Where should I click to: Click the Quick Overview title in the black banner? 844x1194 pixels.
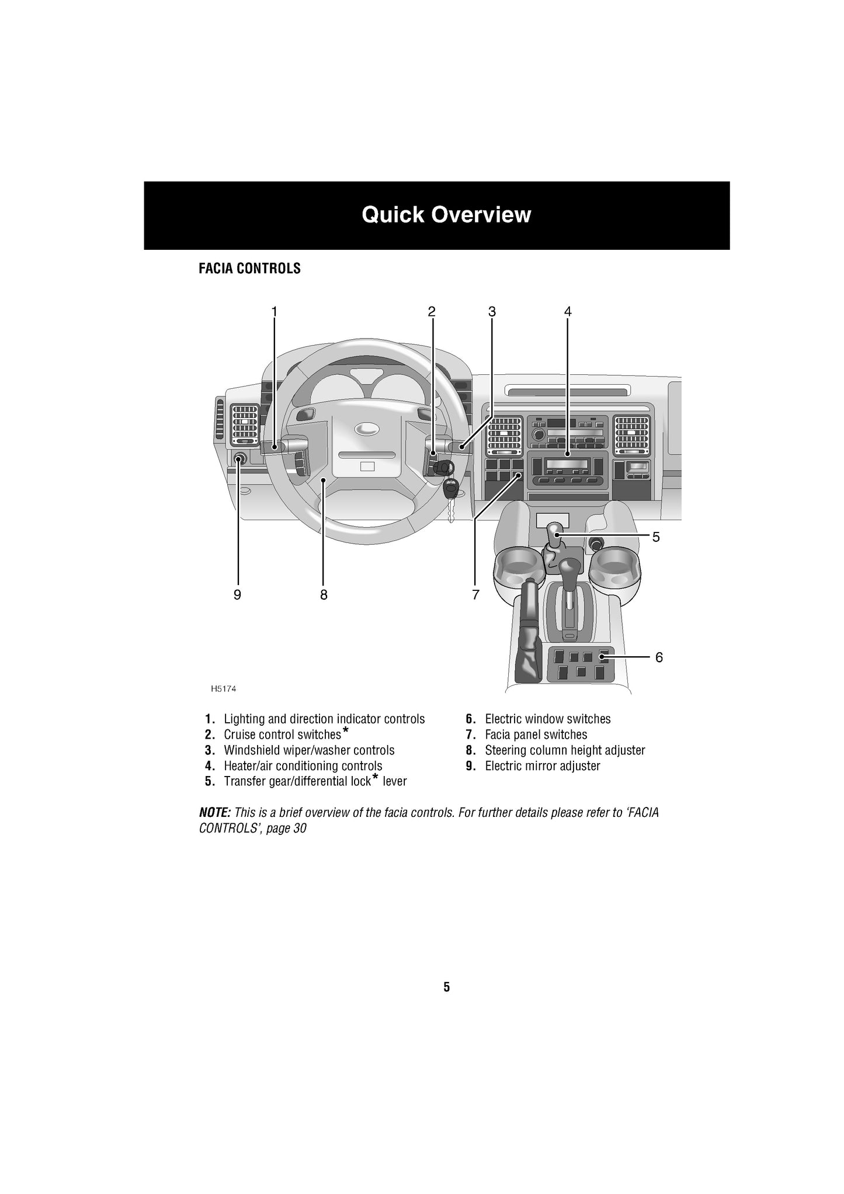pyautogui.click(x=446, y=215)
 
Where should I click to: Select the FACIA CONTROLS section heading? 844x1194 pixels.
pyautogui.click(x=249, y=269)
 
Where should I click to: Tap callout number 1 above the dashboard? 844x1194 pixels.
pyautogui.click(x=274, y=312)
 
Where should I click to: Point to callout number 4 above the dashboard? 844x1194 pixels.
pyautogui.click(x=568, y=312)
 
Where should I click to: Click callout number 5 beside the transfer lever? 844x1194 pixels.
pyautogui.click(x=656, y=537)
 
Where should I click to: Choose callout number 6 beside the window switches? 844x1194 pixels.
pyautogui.click(x=659, y=657)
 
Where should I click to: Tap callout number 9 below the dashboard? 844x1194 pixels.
pyautogui.click(x=237, y=595)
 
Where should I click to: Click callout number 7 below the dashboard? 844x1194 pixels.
pyautogui.click(x=476, y=595)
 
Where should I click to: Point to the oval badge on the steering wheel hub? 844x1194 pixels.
pyautogui.click(x=366, y=429)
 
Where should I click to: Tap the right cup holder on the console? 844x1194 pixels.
pyautogui.click(x=614, y=569)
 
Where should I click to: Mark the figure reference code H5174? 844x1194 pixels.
pyautogui.click(x=224, y=689)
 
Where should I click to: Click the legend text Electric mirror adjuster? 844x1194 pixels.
pyautogui.click(x=542, y=766)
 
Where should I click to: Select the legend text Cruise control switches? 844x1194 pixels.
pyautogui.click(x=282, y=734)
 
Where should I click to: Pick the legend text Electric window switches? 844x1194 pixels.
pyautogui.click(x=547, y=719)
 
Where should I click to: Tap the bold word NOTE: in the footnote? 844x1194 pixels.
pyautogui.click(x=215, y=813)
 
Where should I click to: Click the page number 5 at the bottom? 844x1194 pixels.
pyautogui.click(x=447, y=987)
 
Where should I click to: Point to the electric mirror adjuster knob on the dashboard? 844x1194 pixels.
pyautogui.click(x=239, y=459)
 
